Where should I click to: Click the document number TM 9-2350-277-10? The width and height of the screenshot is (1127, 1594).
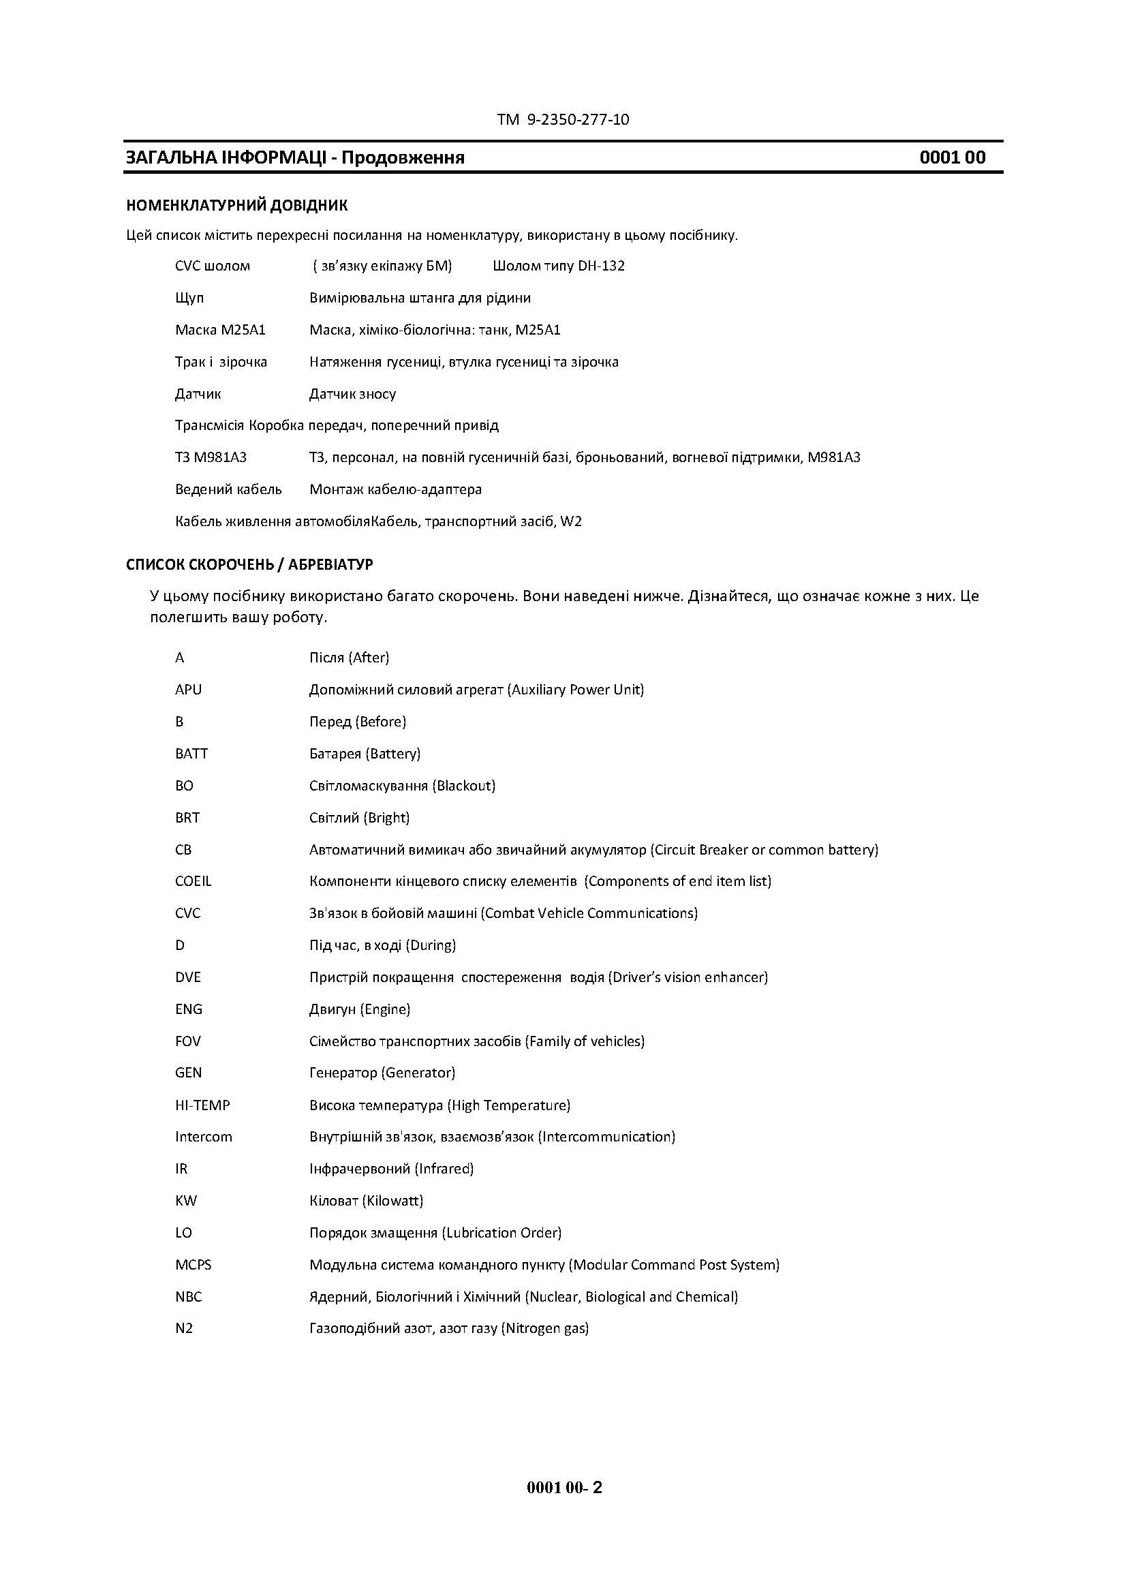563,119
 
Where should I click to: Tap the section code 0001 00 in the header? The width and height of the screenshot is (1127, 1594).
952,157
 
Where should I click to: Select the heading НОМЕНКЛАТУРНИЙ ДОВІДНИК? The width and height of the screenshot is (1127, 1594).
236,206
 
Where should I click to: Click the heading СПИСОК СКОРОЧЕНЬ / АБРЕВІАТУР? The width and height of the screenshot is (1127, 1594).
249,564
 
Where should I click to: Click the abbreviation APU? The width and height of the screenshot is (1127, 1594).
188,690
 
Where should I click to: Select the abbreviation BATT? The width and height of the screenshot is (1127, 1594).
191,753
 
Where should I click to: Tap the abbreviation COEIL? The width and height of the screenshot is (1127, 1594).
193,881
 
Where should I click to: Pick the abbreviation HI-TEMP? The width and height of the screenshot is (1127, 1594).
202,1105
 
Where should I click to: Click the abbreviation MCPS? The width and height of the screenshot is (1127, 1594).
193,1264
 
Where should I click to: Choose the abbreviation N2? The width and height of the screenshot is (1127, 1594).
184,1328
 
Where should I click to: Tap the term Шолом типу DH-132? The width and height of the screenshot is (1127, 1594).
559,266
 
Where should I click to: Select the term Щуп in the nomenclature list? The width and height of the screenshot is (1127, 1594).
189,298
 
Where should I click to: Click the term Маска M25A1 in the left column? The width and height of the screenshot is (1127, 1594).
220,330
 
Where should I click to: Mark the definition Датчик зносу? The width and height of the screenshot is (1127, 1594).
352,394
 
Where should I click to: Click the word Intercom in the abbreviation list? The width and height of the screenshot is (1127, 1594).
203,1137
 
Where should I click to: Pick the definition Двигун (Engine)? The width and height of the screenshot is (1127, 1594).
360,1009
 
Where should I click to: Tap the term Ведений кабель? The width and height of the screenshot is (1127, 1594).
228,489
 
